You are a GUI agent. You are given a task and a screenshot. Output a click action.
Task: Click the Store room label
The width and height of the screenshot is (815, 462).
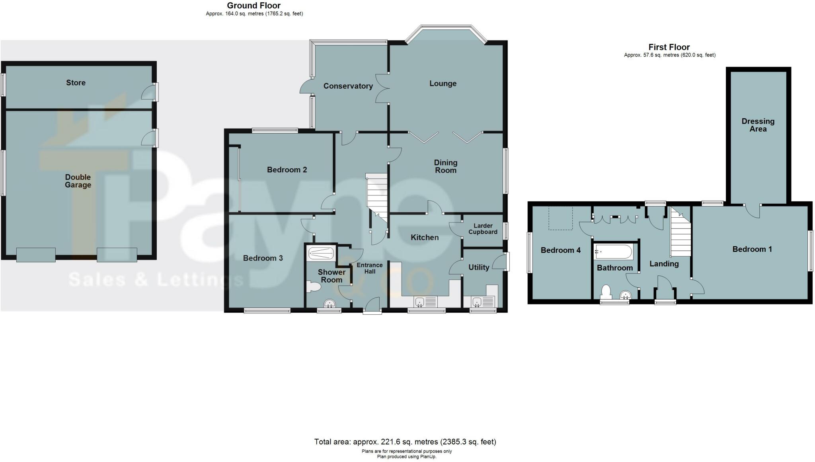pos(76,83)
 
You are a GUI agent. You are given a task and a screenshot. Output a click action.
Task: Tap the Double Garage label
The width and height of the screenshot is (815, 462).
pos(78,181)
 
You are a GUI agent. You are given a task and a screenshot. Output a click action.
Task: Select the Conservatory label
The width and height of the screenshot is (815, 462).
pos(348,86)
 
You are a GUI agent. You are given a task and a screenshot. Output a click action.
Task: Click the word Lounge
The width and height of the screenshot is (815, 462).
pos(443,84)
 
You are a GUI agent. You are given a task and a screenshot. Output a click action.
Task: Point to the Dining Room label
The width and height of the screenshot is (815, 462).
pos(445,166)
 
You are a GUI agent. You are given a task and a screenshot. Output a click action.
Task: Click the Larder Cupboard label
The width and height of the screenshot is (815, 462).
pos(483,229)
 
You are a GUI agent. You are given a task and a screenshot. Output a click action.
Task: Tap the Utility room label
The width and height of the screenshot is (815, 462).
pos(478,267)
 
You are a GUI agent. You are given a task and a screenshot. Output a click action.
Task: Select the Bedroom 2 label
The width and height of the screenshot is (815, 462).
pos(287,170)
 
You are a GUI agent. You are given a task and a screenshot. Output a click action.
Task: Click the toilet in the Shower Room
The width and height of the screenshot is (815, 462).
pos(314,287)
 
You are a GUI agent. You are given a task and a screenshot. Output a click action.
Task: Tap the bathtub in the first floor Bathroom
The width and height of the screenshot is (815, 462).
pos(613,252)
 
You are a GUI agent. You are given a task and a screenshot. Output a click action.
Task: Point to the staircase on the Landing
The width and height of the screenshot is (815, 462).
pos(681,235)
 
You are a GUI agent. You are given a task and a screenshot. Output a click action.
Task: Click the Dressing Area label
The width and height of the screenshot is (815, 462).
pos(758,125)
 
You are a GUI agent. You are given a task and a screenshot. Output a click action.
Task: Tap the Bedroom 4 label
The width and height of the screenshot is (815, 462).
pos(560,250)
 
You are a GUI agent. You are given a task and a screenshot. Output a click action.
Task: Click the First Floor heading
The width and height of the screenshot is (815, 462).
pos(669,47)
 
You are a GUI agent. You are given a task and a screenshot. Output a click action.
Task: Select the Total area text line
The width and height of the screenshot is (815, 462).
pos(405,442)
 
